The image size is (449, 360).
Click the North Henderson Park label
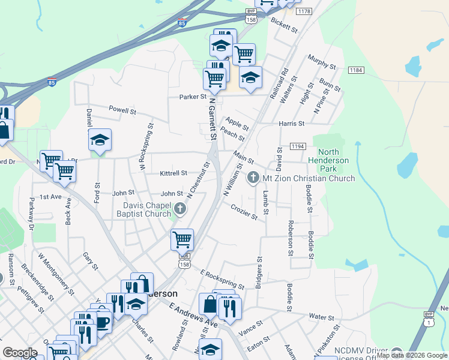[328, 157]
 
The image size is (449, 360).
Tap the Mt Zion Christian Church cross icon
[253, 178]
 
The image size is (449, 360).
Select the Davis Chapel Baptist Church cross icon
[180, 209]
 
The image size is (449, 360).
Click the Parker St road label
[192, 97]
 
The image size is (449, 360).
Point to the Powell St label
[122, 111]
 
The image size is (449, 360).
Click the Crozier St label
[244, 211]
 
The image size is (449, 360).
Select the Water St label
[321, 316]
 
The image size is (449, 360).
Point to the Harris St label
[292, 124]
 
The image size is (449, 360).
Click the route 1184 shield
[356, 70]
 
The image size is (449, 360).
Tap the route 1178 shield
[304, 11]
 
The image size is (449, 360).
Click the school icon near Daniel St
[100, 140]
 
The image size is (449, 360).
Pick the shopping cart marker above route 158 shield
[182, 240]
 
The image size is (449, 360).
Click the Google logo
[20, 353]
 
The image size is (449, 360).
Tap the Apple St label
[237, 125]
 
